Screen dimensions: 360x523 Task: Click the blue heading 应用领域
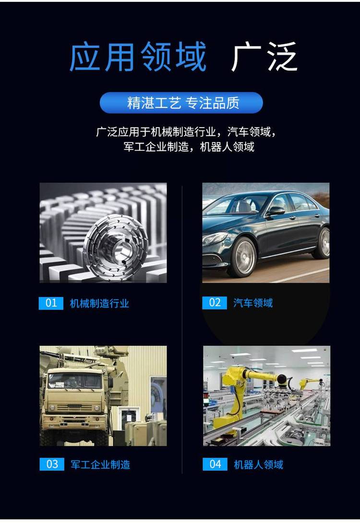coord(137,56)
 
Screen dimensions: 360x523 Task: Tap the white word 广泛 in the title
coord(264,56)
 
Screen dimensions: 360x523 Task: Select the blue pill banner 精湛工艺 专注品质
coord(181,103)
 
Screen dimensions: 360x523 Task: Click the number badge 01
coord(51,303)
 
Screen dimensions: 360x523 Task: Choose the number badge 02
coord(215,303)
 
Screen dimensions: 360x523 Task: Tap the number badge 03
coord(52,464)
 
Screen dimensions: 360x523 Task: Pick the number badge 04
coord(215,464)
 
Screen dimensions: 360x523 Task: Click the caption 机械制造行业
coord(99,304)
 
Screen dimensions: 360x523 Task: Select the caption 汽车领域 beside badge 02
coord(253,303)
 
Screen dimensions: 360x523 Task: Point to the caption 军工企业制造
coord(100,464)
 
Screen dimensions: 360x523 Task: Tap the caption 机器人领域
coord(259,464)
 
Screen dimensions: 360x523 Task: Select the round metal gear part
coord(116,245)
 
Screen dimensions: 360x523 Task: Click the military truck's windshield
coord(74,380)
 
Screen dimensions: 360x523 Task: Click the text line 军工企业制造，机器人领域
coord(189,147)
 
